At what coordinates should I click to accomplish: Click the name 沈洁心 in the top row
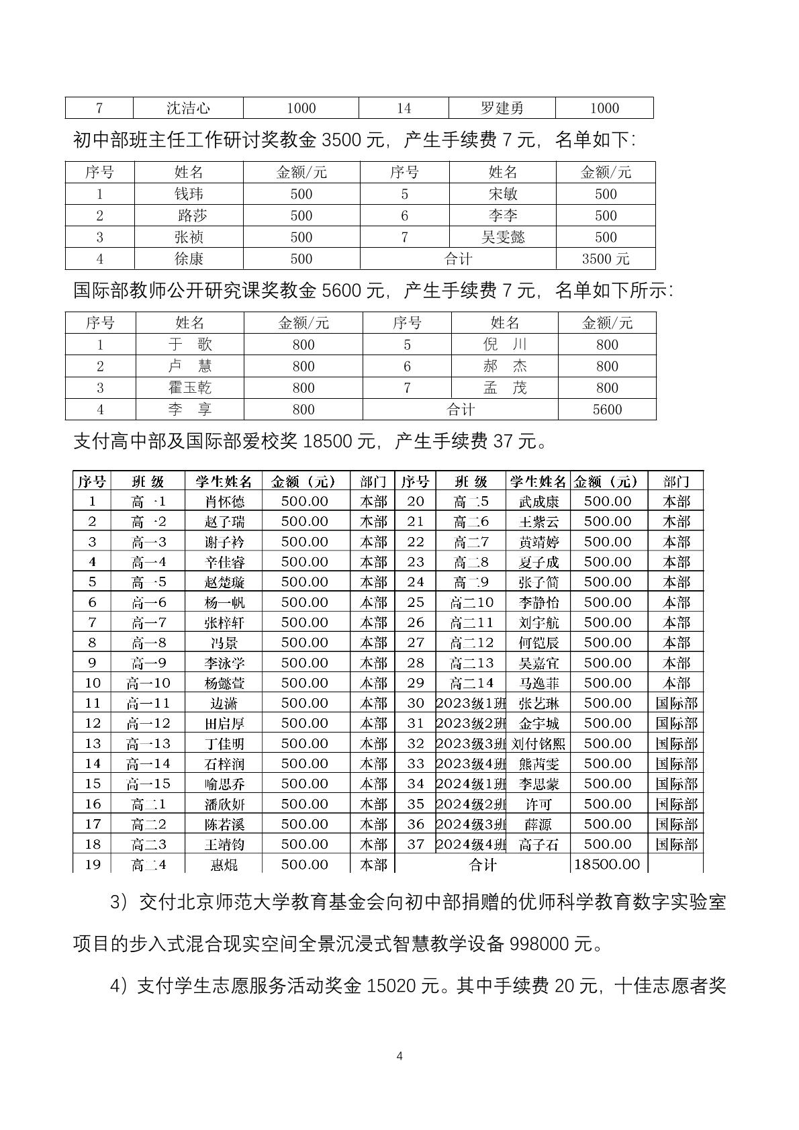tap(189, 108)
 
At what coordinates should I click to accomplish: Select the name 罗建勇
tap(502, 108)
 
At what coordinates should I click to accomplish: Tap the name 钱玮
tap(189, 194)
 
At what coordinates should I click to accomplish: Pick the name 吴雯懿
tap(503, 237)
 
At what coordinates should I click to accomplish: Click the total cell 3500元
tap(606, 259)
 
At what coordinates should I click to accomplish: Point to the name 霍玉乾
tap(190, 387)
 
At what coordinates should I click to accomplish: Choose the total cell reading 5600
tap(607, 410)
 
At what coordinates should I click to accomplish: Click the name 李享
tap(190, 410)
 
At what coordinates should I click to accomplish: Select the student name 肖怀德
tap(224, 502)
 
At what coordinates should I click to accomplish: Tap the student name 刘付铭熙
tap(538, 744)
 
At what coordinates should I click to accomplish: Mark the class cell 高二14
tap(472, 683)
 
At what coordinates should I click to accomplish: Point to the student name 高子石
tap(538, 845)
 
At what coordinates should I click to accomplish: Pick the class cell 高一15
tap(148, 784)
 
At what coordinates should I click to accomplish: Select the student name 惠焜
tap(224, 865)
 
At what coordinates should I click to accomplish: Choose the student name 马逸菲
tap(538, 684)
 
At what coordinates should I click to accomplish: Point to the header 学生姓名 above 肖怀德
tap(224, 481)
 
